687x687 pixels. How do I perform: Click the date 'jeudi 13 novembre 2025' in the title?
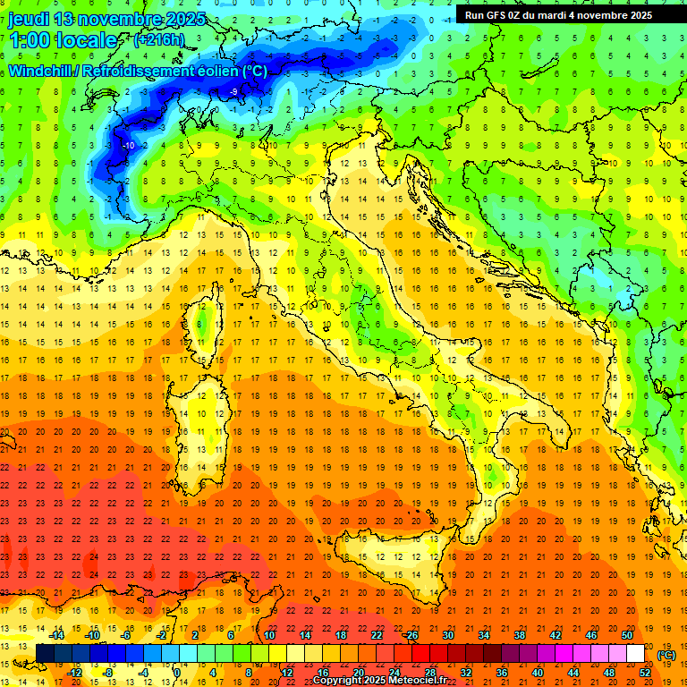coord(107,19)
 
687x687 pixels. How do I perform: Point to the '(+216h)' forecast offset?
coord(158,39)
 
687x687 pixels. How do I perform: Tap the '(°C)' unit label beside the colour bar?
coord(666,655)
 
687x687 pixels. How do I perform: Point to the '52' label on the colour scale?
coord(645,673)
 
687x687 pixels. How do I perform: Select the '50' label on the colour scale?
coord(626,635)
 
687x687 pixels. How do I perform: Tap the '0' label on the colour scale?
coord(177,673)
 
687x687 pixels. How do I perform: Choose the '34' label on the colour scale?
coord(483,635)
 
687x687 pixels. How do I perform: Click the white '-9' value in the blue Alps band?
coord(233,92)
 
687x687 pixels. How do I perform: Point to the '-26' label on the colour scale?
coord(411,635)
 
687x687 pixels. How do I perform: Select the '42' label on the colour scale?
coord(555,635)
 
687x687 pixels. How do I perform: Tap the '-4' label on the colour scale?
coord(143,673)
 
